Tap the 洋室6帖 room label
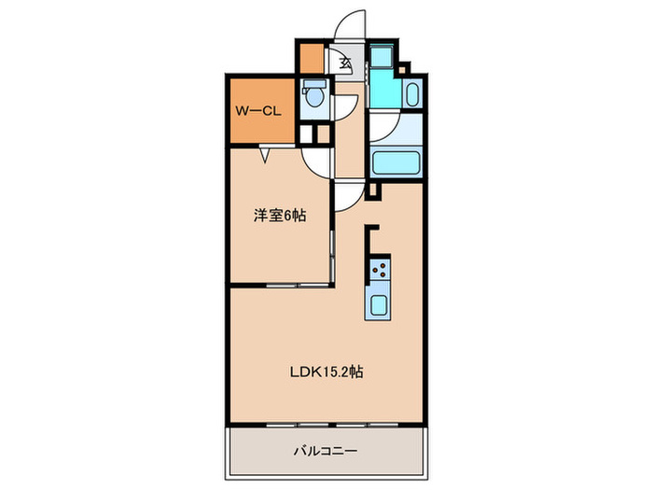pos(280,216)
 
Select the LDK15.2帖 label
pos(325,371)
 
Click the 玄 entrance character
pos(345,64)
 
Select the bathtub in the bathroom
pos(396,163)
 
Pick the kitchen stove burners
pos(380,272)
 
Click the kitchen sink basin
pos(380,304)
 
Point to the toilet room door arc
pos(342,105)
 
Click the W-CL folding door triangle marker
pos(266,155)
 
